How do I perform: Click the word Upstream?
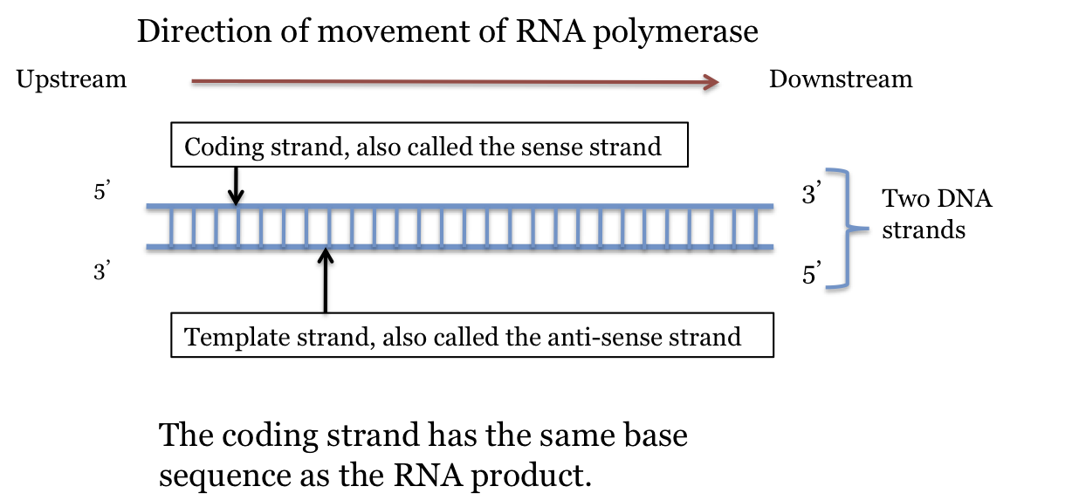(71, 80)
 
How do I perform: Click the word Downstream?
(840, 80)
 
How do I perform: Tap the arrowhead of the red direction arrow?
(712, 82)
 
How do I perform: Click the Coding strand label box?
(430, 146)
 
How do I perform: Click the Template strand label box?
(471, 336)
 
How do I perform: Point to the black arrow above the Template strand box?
(326, 279)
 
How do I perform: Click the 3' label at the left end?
(100, 271)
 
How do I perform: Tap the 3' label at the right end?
(812, 195)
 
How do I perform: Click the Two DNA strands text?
(936, 215)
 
